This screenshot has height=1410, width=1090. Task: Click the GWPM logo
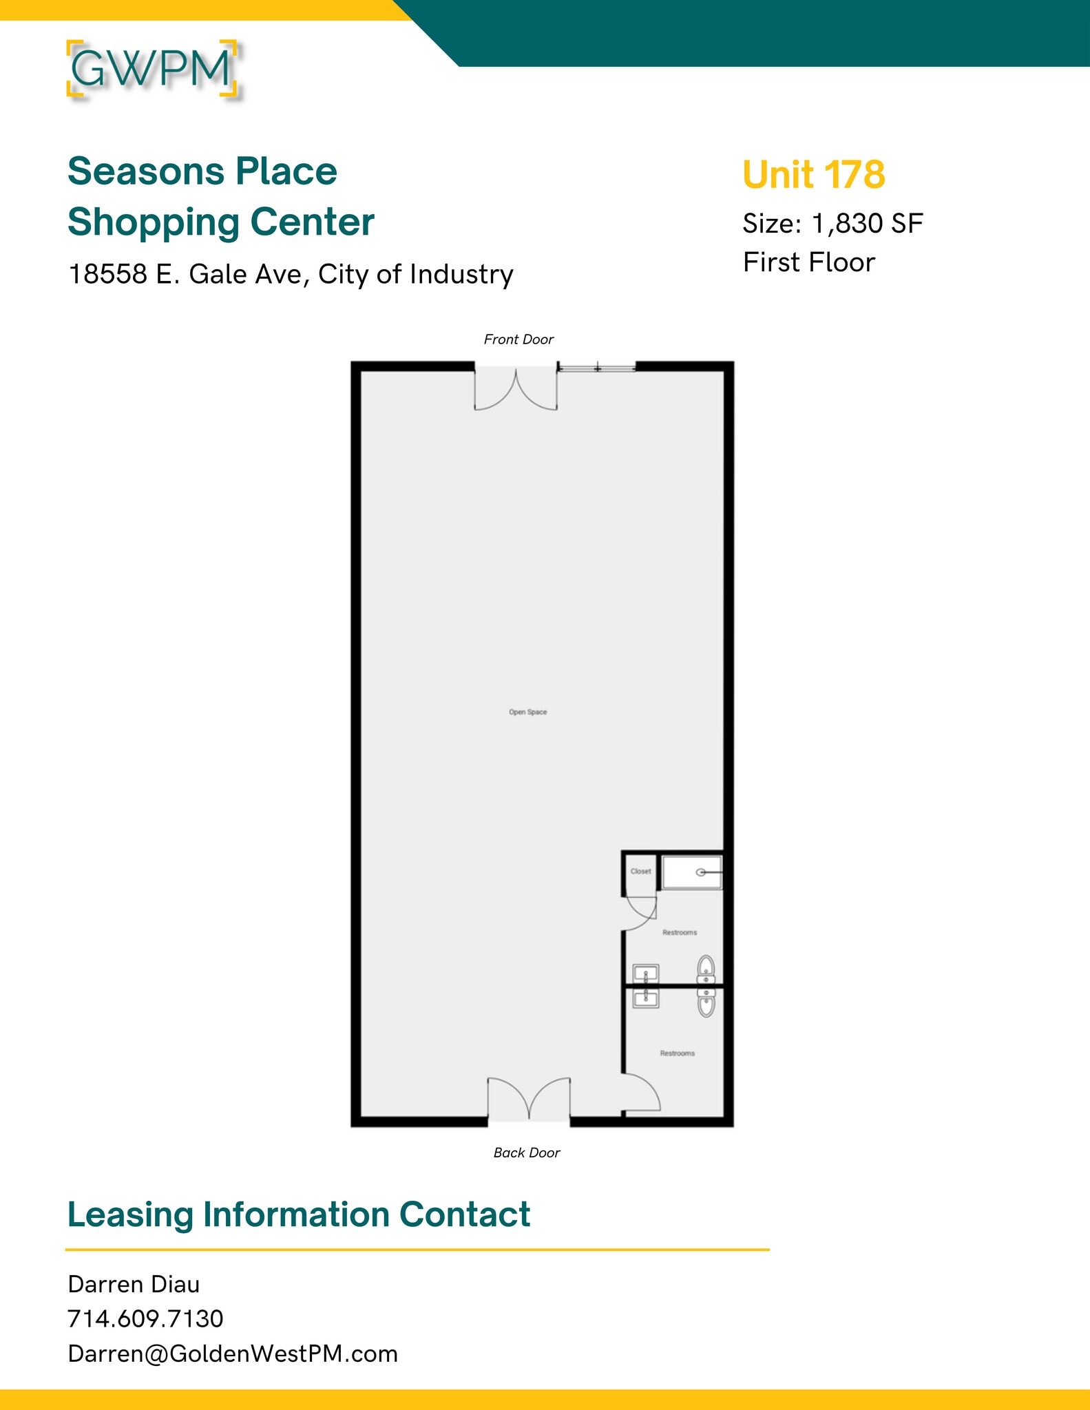point(152,69)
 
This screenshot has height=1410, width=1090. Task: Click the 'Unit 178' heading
point(813,174)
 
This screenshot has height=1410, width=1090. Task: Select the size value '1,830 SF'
point(867,223)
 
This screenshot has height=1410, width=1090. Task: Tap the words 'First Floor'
point(808,262)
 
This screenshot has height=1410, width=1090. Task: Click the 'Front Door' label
point(518,339)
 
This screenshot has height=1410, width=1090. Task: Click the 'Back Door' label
point(527,1153)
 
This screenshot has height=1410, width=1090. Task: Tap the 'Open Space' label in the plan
point(527,712)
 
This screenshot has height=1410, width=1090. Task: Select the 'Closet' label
point(640,871)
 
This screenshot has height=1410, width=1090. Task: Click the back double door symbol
point(529,1097)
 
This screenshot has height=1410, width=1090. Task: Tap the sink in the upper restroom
point(646,974)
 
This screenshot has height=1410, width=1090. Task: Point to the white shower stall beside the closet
point(691,872)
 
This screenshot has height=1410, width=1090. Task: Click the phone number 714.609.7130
point(145,1318)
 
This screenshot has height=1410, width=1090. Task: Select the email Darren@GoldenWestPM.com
point(233,1354)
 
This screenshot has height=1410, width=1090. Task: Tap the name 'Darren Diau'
point(134,1284)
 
